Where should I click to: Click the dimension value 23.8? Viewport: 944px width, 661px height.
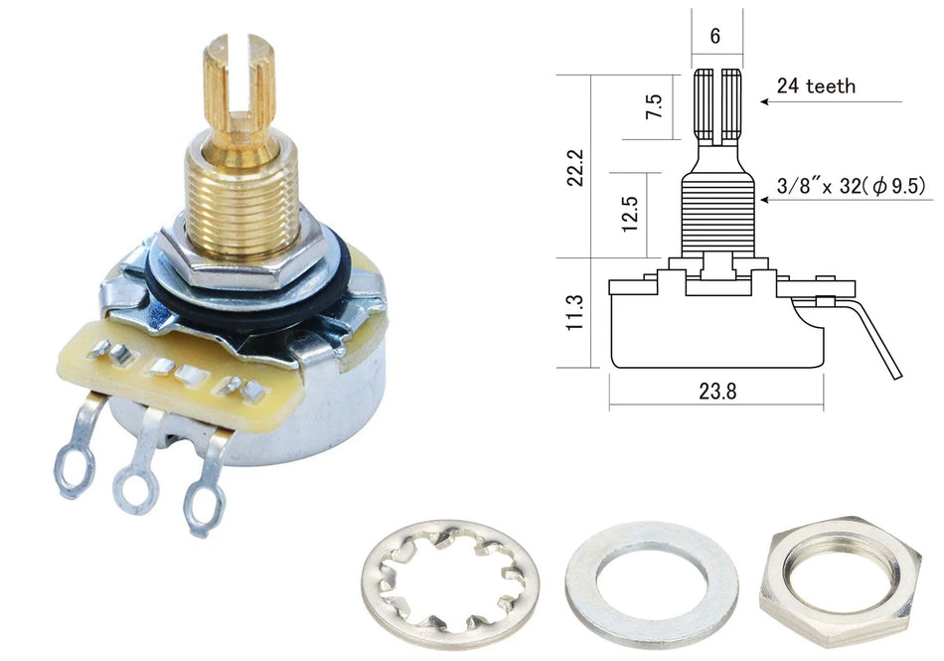pos(717,391)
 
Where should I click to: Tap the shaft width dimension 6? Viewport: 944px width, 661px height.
pos(715,36)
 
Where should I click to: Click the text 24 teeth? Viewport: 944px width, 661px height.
pos(816,86)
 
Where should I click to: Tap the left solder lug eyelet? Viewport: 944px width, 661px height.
pos(73,466)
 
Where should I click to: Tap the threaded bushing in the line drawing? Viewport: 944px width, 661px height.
pos(716,214)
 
